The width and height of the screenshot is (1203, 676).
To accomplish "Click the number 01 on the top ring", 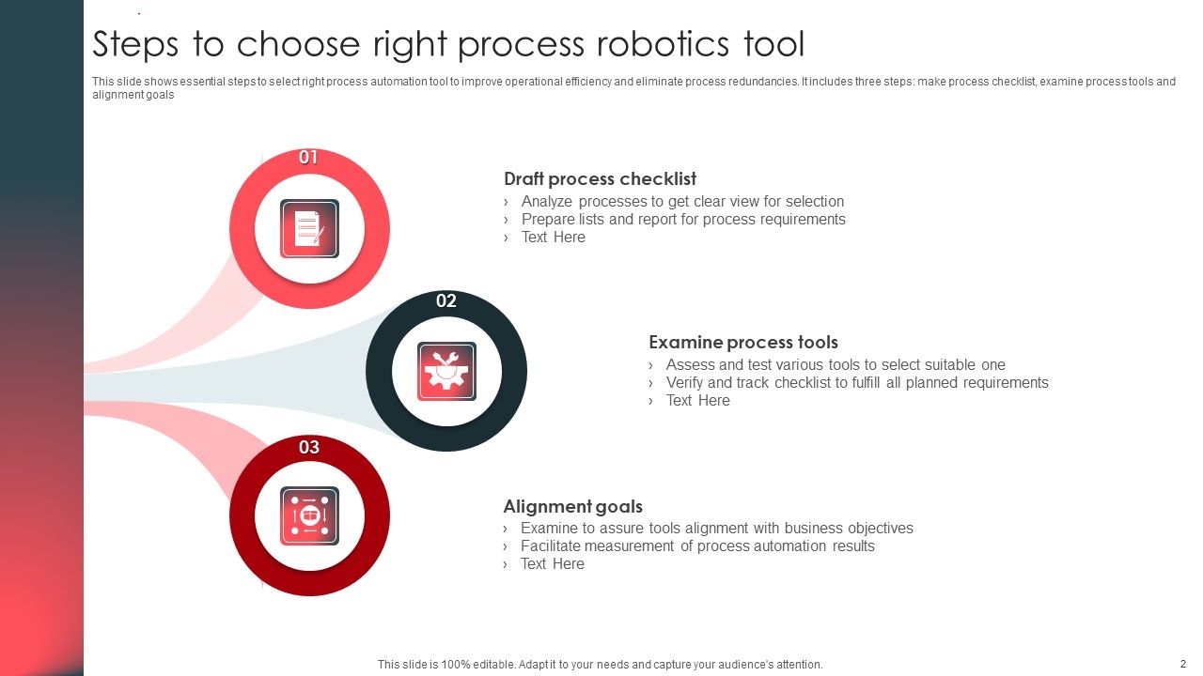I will click(308, 158).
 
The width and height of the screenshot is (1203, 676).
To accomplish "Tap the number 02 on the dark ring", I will click(446, 300).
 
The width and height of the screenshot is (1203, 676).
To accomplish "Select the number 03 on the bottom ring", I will click(309, 447).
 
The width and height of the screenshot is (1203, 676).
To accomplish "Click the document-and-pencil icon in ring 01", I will click(309, 228).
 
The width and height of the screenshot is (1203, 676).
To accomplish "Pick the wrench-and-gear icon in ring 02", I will click(446, 371).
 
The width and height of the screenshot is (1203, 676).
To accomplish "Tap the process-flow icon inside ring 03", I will click(309, 515).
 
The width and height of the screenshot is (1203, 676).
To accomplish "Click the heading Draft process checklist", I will click(600, 178).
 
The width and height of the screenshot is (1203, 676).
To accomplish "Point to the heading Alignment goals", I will click(572, 506).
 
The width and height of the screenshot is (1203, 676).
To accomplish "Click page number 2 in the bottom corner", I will click(1183, 664).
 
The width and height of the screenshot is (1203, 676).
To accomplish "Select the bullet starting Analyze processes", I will click(682, 201).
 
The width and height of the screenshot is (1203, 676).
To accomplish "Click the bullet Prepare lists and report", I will click(683, 219).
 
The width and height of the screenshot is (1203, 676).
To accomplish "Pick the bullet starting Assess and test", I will click(836, 364).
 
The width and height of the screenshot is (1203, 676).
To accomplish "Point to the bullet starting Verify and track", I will click(857, 382).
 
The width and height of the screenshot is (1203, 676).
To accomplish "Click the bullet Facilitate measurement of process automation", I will click(697, 545).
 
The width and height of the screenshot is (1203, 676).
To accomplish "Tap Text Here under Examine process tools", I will click(697, 400).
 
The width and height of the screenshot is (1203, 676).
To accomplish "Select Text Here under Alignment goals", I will click(553, 563).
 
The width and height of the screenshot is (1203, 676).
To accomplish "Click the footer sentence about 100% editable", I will click(600, 664).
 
